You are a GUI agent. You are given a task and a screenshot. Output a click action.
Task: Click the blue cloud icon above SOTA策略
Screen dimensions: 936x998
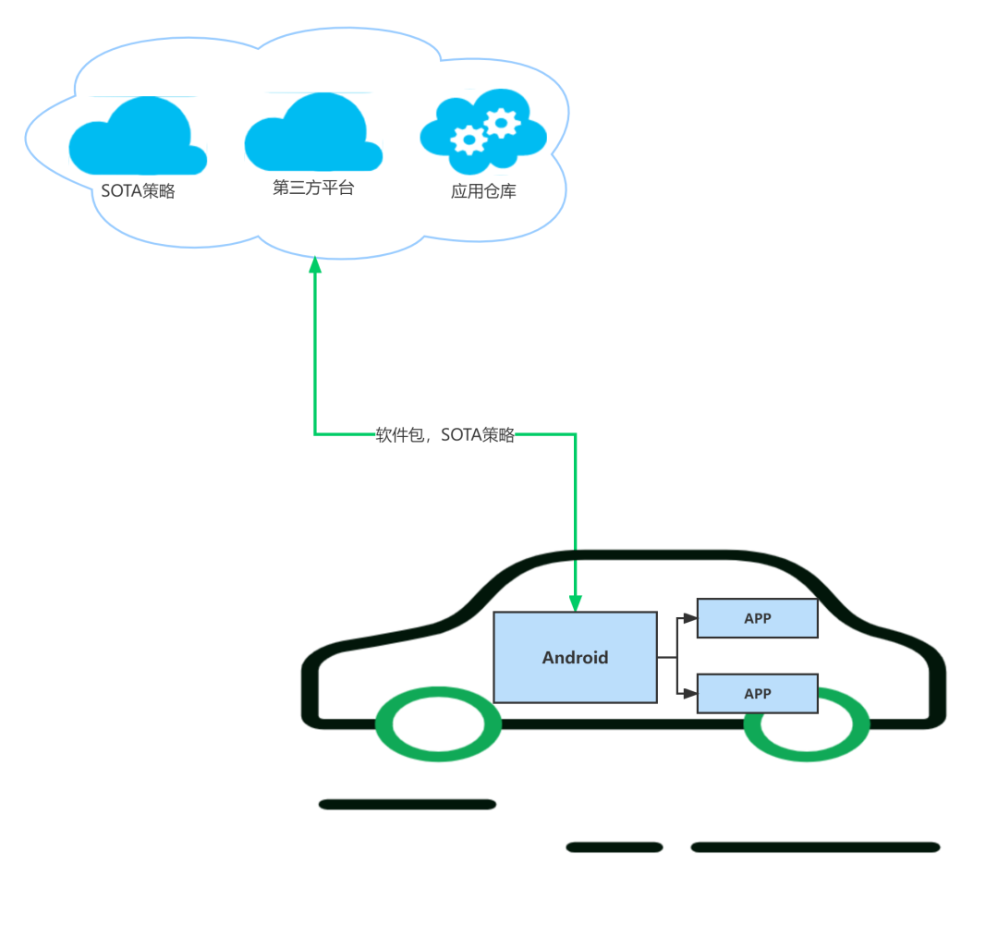point(137,139)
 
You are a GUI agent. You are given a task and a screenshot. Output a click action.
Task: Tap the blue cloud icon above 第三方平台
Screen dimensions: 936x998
point(312,134)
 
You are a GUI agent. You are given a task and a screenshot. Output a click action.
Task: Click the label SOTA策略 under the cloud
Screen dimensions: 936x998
point(138,191)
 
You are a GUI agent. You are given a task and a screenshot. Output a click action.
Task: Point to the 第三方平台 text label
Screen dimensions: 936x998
point(313,188)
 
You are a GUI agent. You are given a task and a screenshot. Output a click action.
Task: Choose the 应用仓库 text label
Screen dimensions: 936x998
point(483,191)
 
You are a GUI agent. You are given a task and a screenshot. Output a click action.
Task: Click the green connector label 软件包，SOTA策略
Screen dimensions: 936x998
point(444,435)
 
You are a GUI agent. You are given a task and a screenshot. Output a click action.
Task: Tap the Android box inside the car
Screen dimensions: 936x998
point(575,657)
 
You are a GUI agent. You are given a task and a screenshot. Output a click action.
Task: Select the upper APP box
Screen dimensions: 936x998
point(757,618)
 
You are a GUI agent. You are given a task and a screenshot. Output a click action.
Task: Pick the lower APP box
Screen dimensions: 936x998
point(757,693)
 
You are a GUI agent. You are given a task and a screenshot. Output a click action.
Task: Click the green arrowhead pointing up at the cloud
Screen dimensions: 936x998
point(314,265)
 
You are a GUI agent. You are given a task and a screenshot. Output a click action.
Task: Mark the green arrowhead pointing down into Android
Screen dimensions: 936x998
point(576,602)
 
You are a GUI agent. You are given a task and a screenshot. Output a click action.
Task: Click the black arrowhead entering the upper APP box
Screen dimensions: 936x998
point(689,619)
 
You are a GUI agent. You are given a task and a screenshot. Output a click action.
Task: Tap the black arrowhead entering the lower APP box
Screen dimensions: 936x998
point(689,693)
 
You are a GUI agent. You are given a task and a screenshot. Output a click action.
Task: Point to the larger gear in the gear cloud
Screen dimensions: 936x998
point(501,122)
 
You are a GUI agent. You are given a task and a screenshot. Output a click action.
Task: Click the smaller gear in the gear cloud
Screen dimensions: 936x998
point(469,140)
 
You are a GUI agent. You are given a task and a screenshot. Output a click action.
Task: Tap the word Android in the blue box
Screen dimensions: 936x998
point(575,657)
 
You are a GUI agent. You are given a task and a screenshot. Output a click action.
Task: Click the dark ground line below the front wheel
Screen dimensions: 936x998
point(408,804)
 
